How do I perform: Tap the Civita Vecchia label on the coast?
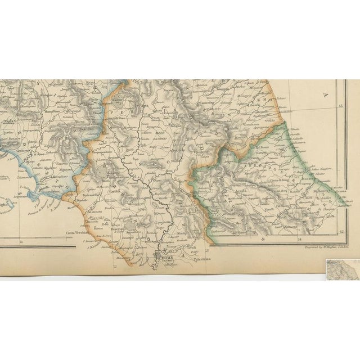pos(78,232)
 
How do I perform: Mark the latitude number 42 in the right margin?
pos(340,231)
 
